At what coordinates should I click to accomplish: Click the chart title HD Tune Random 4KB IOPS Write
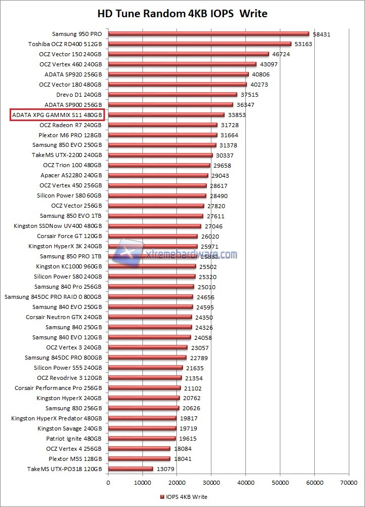[x=182, y=13]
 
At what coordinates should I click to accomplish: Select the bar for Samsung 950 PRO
[x=208, y=34]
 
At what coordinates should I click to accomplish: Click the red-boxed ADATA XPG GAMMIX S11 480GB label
[x=57, y=115]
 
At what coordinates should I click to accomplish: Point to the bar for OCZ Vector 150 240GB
[x=188, y=54]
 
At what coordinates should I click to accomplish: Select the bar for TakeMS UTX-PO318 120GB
[x=130, y=469]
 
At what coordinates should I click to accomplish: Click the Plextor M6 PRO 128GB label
[x=70, y=135]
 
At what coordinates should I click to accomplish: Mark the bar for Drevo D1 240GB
[x=172, y=95]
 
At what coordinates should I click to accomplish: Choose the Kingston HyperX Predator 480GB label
[x=57, y=418]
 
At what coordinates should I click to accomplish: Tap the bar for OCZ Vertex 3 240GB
[x=148, y=347]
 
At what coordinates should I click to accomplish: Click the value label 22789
[x=200, y=358]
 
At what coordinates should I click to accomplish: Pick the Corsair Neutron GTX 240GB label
[x=64, y=317]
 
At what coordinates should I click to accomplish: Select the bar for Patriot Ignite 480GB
[x=141, y=439]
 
